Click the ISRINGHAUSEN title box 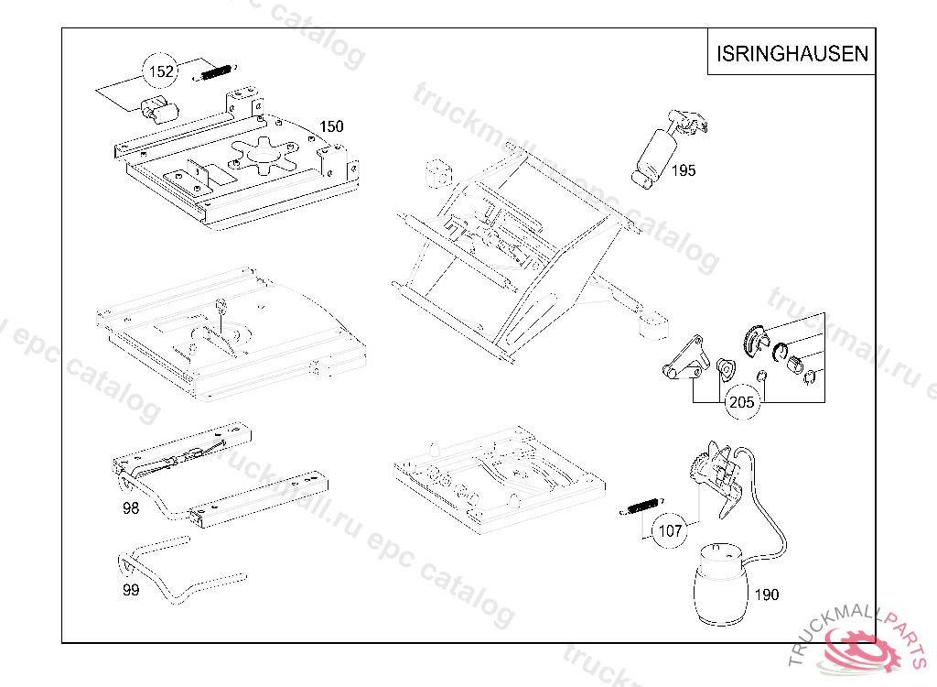click(792, 54)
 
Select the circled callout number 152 click(162, 71)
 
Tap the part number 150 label click(331, 126)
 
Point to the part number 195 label click(683, 170)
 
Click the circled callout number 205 click(742, 401)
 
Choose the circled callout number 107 click(671, 529)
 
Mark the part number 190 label click(767, 594)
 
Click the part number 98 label click(131, 508)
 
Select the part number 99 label click(131, 590)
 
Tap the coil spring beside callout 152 click(216, 72)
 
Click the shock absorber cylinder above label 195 click(657, 152)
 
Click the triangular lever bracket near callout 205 click(686, 359)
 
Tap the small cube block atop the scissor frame click(441, 172)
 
